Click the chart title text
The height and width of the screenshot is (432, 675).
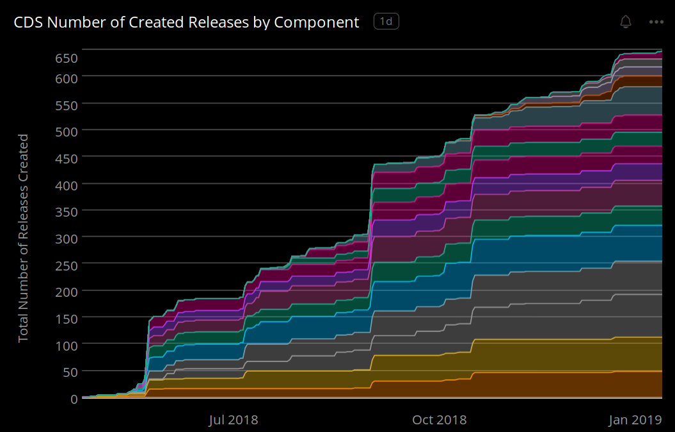tap(186, 22)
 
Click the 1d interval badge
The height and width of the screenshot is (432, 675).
tap(386, 22)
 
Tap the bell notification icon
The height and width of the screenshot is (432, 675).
tap(626, 22)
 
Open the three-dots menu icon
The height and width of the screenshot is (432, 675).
tap(656, 22)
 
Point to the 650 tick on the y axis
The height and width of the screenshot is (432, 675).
tap(66, 58)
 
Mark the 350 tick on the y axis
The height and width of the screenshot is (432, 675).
tap(66, 212)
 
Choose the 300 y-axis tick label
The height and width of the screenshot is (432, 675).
tap(66, 238)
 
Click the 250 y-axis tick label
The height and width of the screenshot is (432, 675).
tap(66, 265)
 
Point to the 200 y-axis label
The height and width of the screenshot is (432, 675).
tap(66, 292)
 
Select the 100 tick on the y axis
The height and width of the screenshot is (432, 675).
tap(66, 345)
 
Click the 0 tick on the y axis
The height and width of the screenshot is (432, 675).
tap(74, 399)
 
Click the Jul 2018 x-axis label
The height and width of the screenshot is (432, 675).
tap(233, 420)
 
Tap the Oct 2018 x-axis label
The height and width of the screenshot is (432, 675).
tap(439, 420)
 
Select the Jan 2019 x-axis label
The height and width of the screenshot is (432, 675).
tap(635, 420)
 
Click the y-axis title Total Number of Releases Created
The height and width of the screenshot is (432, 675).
tap(24, 238)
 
